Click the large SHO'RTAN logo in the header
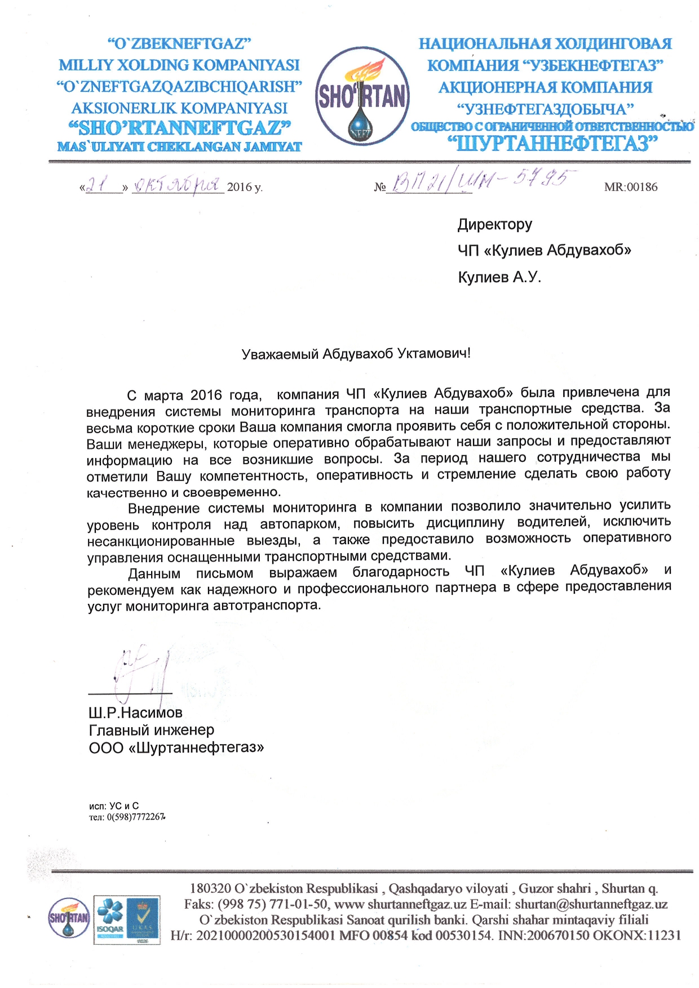point(362,96)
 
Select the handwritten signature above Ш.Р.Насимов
point(141,673)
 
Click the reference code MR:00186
point(630,187)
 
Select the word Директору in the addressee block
point(494,224)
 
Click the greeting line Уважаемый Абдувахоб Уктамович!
point(356,354)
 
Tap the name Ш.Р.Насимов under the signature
point(135,713)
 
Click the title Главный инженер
point(151,730)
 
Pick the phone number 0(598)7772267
point(135,817)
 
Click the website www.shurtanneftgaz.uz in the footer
point(400,905)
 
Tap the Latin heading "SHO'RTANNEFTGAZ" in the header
point(179,128)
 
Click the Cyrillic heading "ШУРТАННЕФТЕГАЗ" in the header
point(552,144)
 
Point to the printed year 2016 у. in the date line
point(244,187)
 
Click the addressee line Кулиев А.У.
point(499,277)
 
